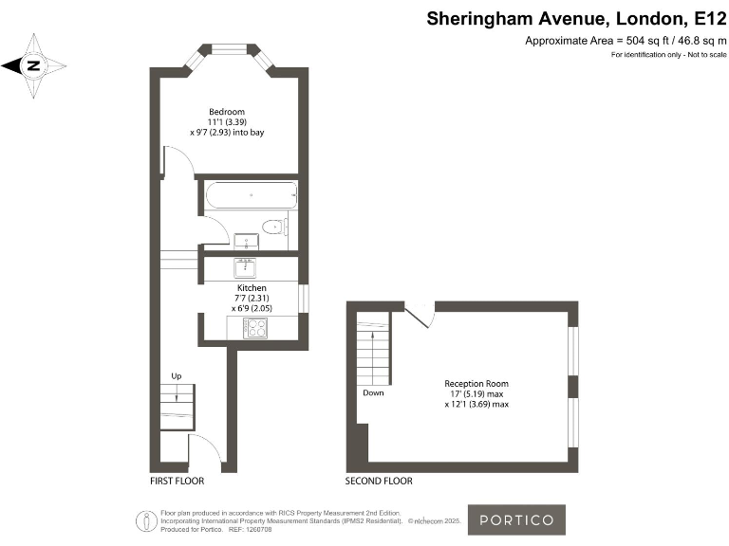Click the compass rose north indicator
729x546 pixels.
pyautogui.click(x=34, y=65)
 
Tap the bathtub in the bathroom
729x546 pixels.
pyautogui.click(x=251, y=196)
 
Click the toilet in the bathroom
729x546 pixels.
pyautogui.click(x=274, y=226)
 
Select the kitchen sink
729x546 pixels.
pyautogui.click(x=245, y=267)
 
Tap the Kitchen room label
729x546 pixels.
pyautogui.click(x=252, y=288)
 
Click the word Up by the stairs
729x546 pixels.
pyautogui.click(x=177, y=376)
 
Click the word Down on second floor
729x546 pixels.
pyautogui.click(x=372, y=392)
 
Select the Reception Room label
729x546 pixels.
pyautogui.click(x=477, y=384)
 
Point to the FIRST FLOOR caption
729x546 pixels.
pyautogui.click(x=178, y=482)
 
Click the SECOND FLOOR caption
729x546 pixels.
pyautogui.click(x=379, y=482)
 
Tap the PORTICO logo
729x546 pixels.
pyautogui.click(x=516, y=519)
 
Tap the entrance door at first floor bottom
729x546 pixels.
pyautogui.click(x=207, y=450)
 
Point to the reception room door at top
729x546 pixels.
pyautogui.click(x=421, y=316)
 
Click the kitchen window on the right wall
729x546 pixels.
pyautogui.click(x=304, y=298)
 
